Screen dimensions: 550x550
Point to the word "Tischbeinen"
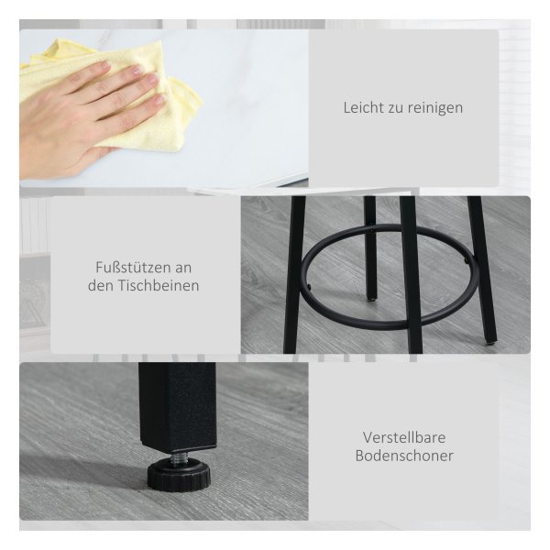pos(159,285)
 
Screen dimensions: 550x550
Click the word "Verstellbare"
pos(404,437)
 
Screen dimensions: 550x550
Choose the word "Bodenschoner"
pos(404,456)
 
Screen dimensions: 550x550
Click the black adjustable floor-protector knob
pos(179,477)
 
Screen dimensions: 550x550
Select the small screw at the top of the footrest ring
pos(372,230)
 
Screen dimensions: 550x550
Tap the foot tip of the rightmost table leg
pos(492,341)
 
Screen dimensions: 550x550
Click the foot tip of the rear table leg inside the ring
pos(371,299)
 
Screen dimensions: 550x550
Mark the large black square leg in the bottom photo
pos(177,407)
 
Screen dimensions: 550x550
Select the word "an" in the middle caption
pos(183,269)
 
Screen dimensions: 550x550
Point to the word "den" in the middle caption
pos(101,285)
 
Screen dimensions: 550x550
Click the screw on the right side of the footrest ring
pos(466,260)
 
